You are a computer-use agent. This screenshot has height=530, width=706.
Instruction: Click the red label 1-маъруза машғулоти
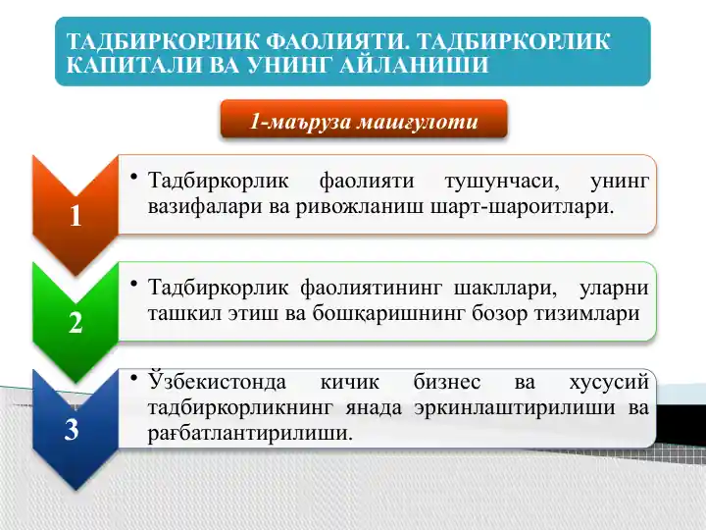(364, 122)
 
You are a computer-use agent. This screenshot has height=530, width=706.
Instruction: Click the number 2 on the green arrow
(76, 323)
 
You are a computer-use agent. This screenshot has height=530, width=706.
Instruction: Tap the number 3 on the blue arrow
(72, 429)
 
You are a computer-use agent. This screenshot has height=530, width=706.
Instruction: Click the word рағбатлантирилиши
(249, 432)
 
